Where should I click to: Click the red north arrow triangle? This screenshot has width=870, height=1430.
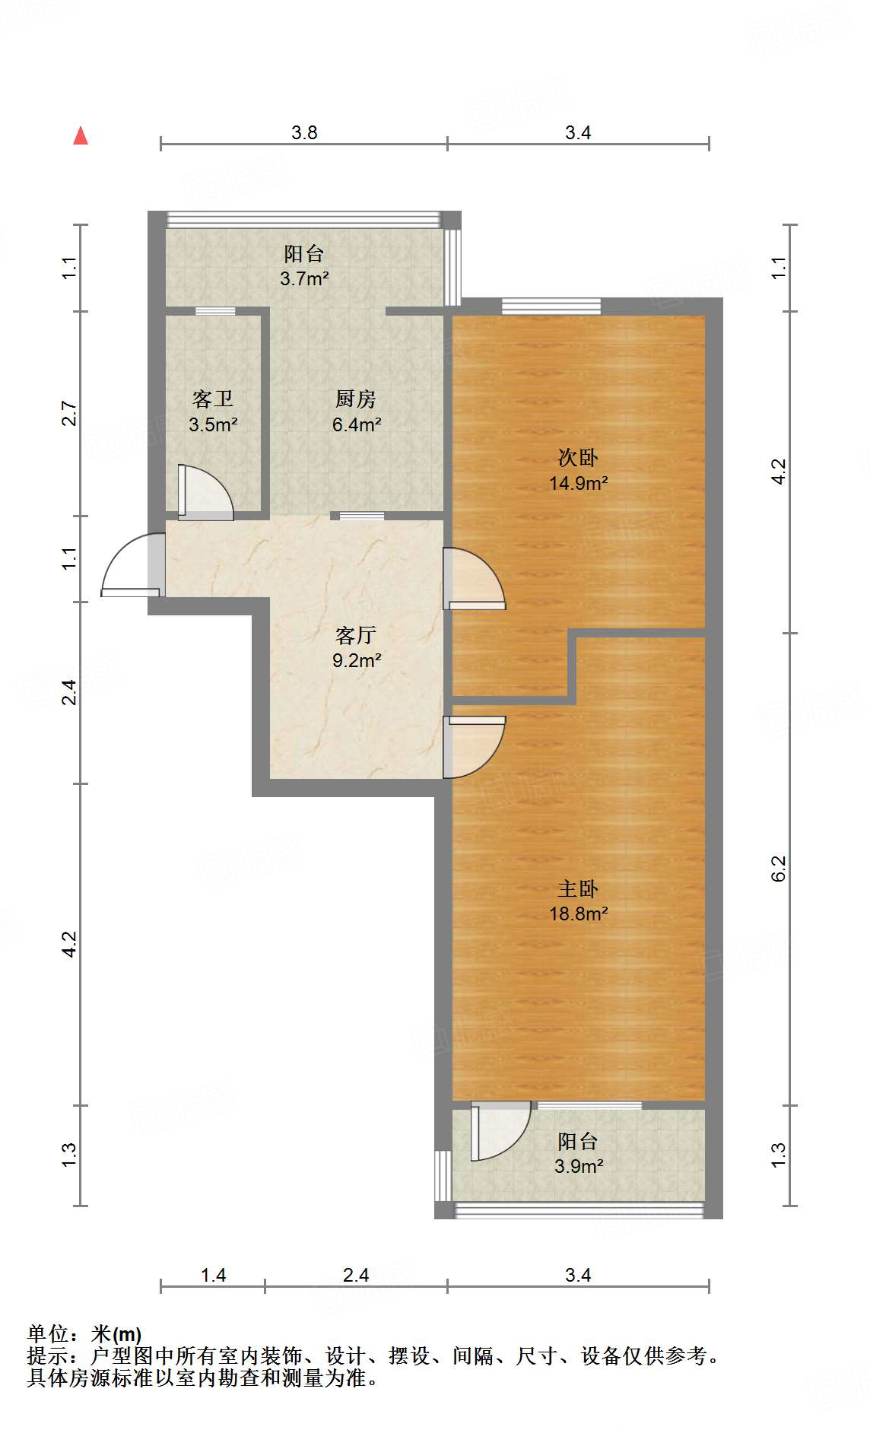tap(81, 136)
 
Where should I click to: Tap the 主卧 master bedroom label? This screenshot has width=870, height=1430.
tap(578, 888)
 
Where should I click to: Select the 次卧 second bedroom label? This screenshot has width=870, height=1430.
tap(578, 457)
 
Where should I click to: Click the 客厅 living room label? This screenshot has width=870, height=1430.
tap(356, 635)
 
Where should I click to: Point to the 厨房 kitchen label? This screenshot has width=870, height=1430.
tap(356, 399)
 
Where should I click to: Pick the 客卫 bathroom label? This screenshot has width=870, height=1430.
tap(213, 399)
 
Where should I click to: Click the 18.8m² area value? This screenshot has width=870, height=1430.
tap(579, 914)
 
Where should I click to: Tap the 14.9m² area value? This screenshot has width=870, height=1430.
tap(579, 482)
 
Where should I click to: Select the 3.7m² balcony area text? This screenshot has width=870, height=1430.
tap(304, 278)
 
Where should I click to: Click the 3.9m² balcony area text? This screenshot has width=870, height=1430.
tap(579, 1166)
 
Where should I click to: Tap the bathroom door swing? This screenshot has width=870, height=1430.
tap(205, 492)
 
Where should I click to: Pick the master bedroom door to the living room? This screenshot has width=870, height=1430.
tap(475, 747)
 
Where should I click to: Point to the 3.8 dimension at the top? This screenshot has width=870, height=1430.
tap(304, 133)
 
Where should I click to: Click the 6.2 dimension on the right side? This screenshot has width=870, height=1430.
tap(779, 869)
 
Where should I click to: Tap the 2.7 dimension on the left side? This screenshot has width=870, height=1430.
tap(70, 413)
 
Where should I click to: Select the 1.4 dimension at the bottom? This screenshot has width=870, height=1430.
tap(213, 1275)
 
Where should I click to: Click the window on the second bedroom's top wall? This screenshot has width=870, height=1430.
tap(551, 307)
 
